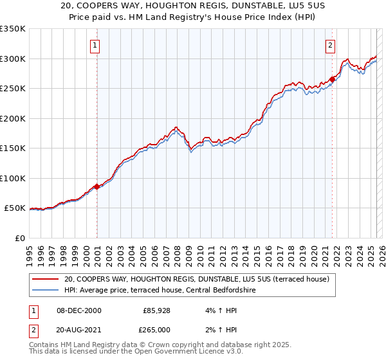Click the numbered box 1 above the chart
tap(95, 46)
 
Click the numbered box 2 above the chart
tap(330, 46)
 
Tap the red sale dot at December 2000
tap(97, 186)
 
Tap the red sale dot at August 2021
tap(333, 79)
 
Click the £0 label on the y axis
tap(19, 238)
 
